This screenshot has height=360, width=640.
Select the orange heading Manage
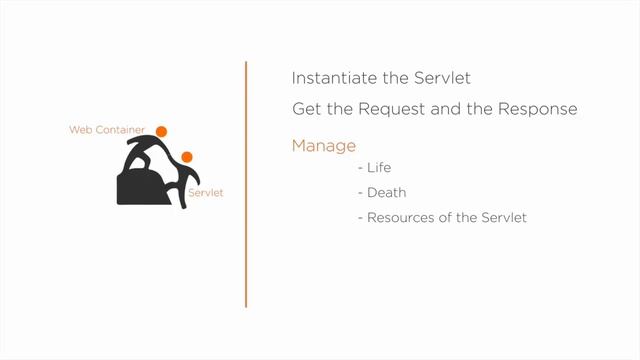(323, 146)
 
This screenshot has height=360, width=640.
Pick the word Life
(380, 168)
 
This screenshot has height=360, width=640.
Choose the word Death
(386, 193)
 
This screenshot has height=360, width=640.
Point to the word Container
(119, 131)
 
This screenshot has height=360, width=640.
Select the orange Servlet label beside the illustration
(205, 192)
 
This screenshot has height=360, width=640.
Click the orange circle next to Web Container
(161, 131)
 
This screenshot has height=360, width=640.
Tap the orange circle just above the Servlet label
(186, 156)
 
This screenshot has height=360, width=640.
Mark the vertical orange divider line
(246, 185)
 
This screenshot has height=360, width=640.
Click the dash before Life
(360, 169)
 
